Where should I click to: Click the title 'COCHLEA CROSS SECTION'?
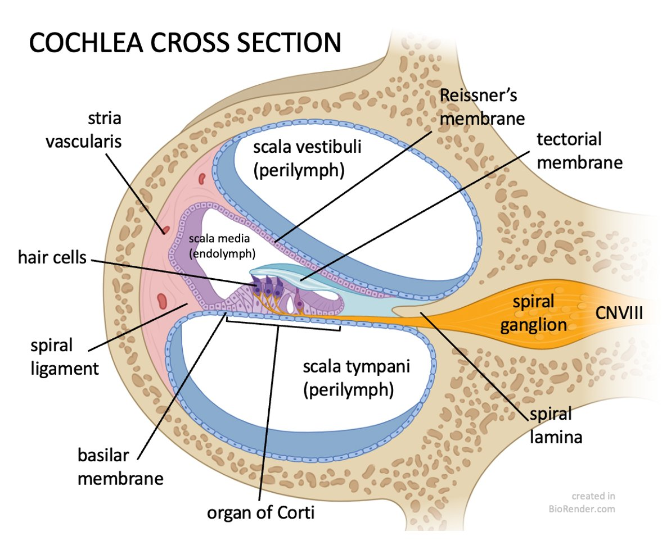tap(185, 43)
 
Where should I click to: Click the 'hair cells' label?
tap(52, 258)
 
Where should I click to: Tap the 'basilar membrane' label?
tap(120, 466)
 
